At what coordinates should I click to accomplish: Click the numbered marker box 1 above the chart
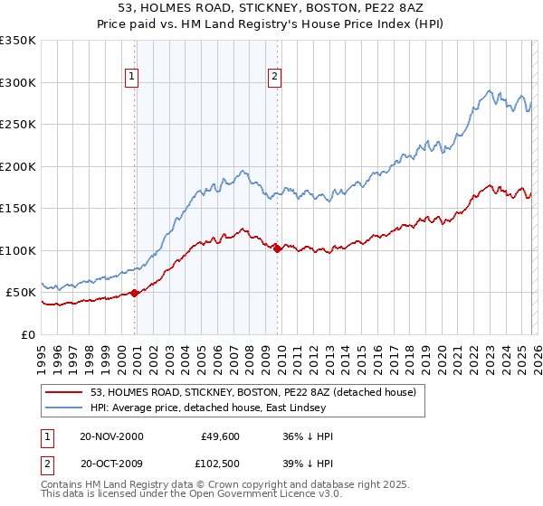[x=132, y=78]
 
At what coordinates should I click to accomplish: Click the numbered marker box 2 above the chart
[x=273, y=78]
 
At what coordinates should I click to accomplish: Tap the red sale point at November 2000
[x=135, y=293]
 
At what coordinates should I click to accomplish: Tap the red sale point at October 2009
[x=277, y=248]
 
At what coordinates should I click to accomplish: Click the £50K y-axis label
[x=21, y=293]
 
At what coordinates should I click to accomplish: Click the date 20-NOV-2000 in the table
[x=111, y=436]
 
